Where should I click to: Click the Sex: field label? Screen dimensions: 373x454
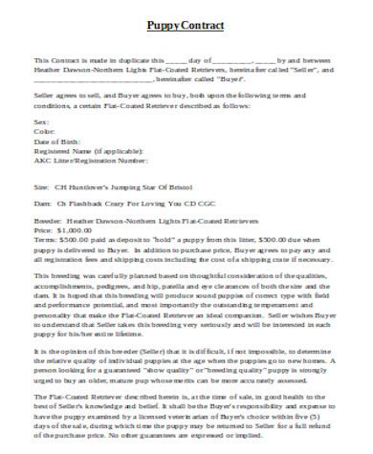(40, 123)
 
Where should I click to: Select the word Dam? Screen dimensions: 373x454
(41, 203)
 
